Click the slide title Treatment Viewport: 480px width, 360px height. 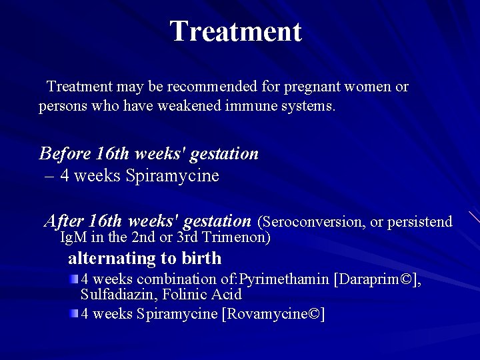click(235, 31)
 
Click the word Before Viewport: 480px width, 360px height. click(65, 154)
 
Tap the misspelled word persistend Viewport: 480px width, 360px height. click(419, 221)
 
